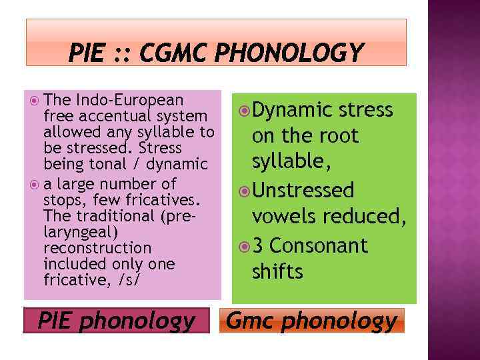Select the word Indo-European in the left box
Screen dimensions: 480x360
129,100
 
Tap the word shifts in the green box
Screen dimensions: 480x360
277,271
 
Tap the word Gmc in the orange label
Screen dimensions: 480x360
251,321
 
